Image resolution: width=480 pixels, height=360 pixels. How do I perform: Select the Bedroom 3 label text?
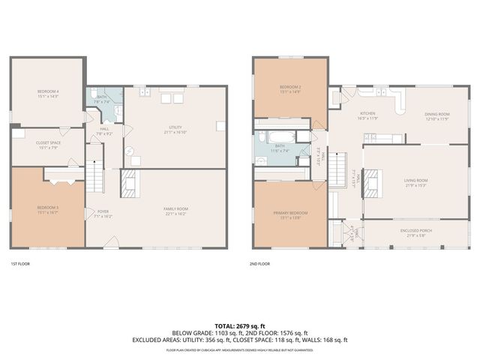click(47, 209)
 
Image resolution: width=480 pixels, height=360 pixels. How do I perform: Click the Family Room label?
click(175, 211)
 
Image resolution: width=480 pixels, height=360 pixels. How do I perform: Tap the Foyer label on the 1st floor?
click(103, 213)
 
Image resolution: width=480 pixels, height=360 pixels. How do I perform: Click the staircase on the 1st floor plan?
click(94, 178)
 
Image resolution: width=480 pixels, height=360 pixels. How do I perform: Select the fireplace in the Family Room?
click(128, 183)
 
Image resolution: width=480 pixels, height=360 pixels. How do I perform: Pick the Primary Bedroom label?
click(290, 215)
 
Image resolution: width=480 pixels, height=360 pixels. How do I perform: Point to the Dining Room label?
click(437, 115)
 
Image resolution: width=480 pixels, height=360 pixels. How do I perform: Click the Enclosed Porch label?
click(415, 232)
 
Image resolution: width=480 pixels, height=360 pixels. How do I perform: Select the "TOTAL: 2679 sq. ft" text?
click(239, 326)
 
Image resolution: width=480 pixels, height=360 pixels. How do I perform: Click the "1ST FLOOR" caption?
click(19, 264)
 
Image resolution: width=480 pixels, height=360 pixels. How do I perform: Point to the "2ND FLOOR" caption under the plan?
click(259, 264)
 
